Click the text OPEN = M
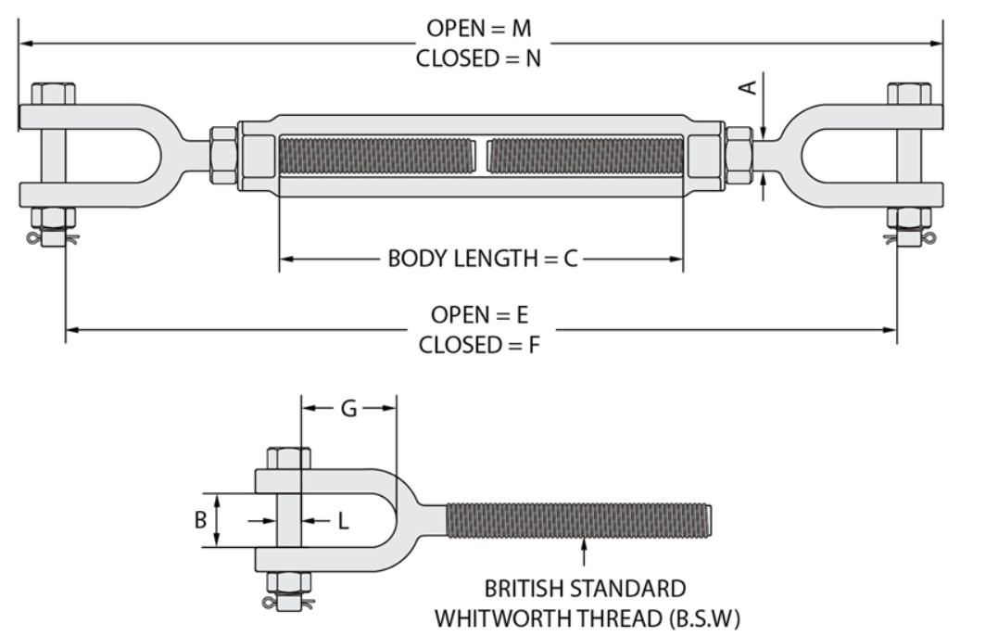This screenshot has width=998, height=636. (x=479, y=28)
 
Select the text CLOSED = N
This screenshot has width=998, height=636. (x=479, y=58)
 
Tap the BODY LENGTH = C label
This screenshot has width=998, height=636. (x=483, y=259)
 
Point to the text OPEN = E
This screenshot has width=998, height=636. (x=479, y=314)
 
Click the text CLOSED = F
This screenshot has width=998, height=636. (x=479, y=345)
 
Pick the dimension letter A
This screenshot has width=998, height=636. (x=750, y=86)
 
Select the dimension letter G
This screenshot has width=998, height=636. (x=348, y=409)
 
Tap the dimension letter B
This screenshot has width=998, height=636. (x=200, y=520)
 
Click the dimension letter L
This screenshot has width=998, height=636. (x=344, y=521)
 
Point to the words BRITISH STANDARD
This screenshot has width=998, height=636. (x=585, y=588)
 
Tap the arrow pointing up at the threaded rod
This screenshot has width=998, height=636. (x=585, y=552)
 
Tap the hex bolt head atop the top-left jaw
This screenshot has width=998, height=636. (x=54, y=94)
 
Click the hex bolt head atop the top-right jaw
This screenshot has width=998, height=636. (x=909, y=94)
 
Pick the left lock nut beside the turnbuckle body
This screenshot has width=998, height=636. (x=223, y=156)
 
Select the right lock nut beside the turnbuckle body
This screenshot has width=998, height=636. (x=739, y=156)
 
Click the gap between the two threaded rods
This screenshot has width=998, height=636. (x=481, y=156)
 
